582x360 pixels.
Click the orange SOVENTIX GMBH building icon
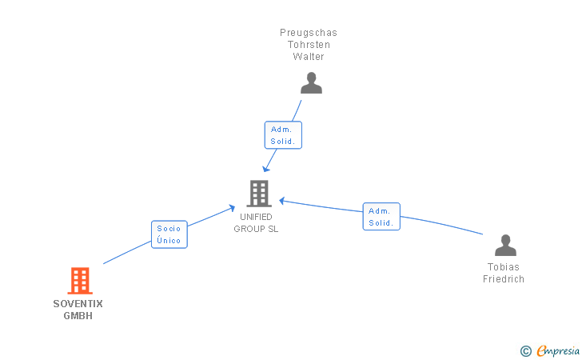click(79, 281)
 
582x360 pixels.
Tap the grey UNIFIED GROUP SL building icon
click(258, 194)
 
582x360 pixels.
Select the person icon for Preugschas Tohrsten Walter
click(311, 82)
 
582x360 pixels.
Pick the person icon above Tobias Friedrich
click(505, 245)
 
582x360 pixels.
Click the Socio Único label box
click(169, 234)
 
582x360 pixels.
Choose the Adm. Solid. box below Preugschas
click(283, 135)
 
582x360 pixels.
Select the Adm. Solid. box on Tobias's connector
click(381, 217)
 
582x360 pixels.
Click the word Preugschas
click(309, 33)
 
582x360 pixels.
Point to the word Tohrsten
click(309, 45)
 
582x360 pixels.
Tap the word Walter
click(309, 57)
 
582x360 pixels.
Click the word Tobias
click(504, 267)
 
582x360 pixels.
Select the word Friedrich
click(504, 279)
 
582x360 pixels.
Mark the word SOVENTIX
click(78, 304)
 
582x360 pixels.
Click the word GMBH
click(78, 315)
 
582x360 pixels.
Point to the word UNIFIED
click(256, 217)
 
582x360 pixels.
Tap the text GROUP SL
click(256, 229)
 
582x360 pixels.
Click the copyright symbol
click(525, 350)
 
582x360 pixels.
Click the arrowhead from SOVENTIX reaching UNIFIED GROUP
click(231, 208)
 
